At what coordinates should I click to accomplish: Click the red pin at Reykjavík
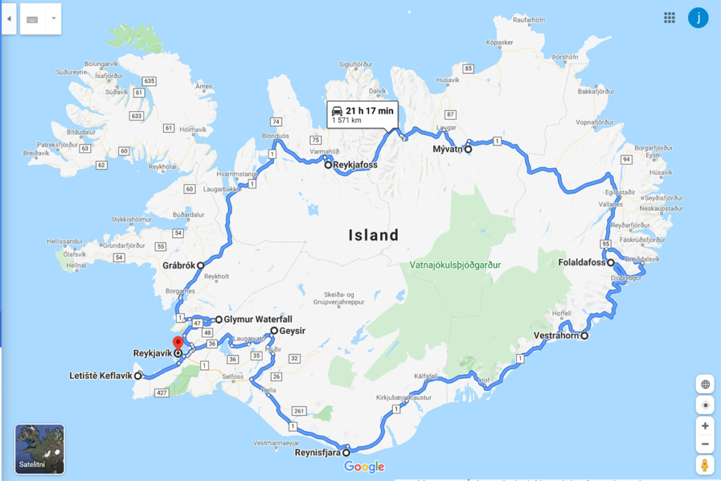pyautogui.click(x=178, y=343)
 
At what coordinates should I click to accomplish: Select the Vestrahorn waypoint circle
pyautogui.click(x=584, y=335)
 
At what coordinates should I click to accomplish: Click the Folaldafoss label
pyautogui.click(x=582, y=263)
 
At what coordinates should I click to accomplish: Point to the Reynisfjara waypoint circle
pyautogui.click(x=346, y=453)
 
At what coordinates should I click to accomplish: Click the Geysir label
pyautogui.click(x=293, y=330)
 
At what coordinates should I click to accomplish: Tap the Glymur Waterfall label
pyautogui.click(x=258, y=319)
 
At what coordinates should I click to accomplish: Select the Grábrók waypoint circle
pyautogui.click(x=201, y=266)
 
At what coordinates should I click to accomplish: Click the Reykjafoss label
pyautogui.click(x=356, y=165)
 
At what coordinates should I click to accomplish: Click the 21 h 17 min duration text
pyautogui.click(x=370, y=110)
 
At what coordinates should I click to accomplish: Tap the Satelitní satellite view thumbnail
pyautogui.click(x=39, y=449)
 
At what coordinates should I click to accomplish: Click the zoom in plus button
pyautogui.click(x=705, y=426)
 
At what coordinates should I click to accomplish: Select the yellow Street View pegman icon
pyautogui.click(x=705, y=465)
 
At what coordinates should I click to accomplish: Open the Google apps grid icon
pyautogui.click(x=670, y=18)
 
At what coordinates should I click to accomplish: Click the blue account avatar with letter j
pyautogui.click(x=698, y=18)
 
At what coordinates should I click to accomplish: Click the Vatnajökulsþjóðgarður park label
pyautogui.click(x=455, y=265)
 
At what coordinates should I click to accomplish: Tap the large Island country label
pyautogui.click(x=373, y=235)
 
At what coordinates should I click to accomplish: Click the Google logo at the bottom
pyautogui.click(x=364, y=467)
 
